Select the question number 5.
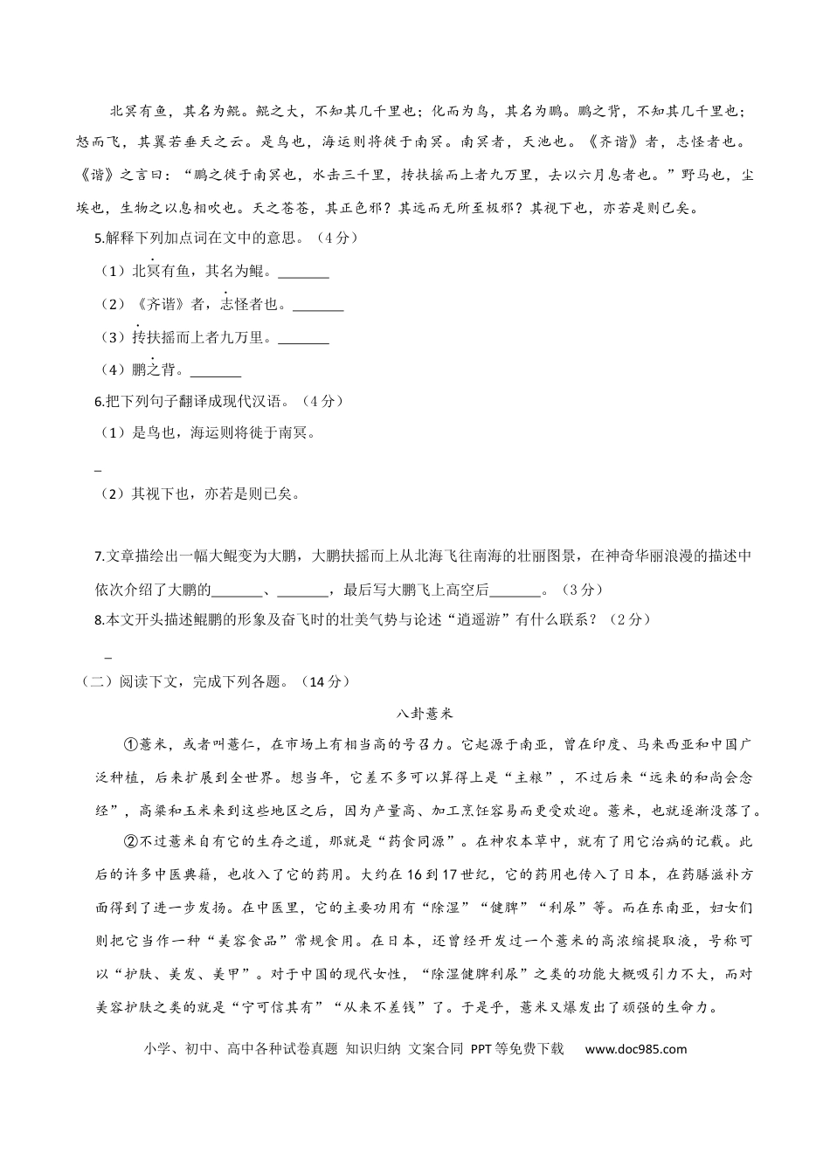pos(98,238)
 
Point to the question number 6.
pos(98,401)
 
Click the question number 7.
pos(98,556)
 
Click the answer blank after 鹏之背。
pos(215,371)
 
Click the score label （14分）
pos(323,681)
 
